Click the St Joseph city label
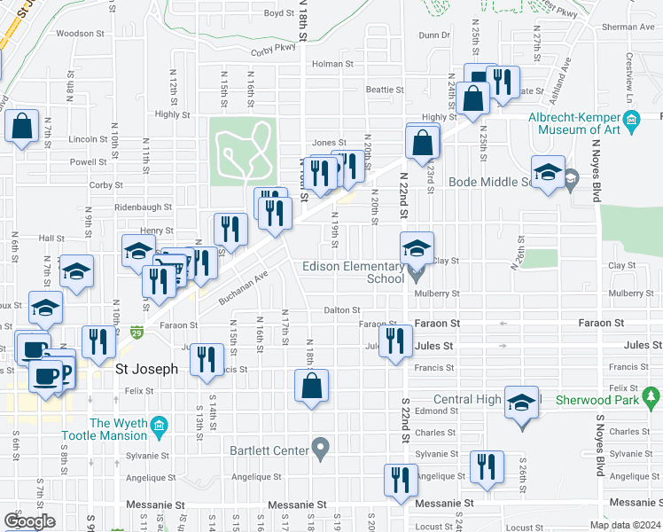(x=147, y=369)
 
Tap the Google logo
(x=29, y=521)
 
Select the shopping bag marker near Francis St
(x=311, y=387)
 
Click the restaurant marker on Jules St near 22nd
(x=396, y=341)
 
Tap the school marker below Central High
(x=522, y=402)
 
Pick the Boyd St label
(x=278, y=13)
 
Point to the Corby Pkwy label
(x=272, y=49)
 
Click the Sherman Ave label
(x=627, y=27)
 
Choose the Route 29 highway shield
(x=136, y=332)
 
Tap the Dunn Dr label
(x=434, y=35)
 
